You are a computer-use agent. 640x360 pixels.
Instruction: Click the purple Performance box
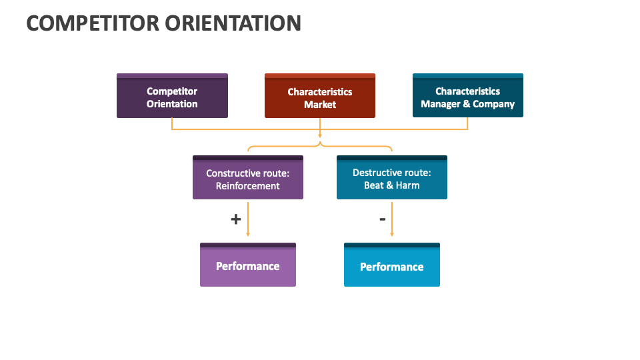[247, 266]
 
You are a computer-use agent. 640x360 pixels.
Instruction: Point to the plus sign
[235, 219]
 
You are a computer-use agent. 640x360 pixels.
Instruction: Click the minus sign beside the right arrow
[382, 218]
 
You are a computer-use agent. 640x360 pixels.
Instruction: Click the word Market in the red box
[320, 105]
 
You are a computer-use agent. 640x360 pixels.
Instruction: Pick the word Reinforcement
[247, 186]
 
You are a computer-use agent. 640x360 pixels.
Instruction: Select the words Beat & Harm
[391, 185]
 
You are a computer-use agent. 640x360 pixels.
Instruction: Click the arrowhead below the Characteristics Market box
[320, 135]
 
